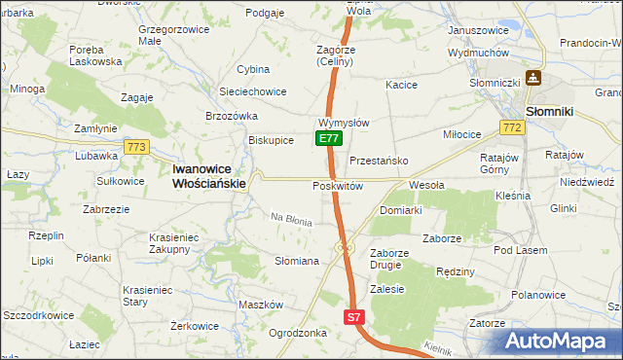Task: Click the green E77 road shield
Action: click(x=329, y=139)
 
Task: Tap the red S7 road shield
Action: click(x=355, y=317)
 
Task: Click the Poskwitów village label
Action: click(x=338, y=186)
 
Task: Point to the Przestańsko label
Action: click(x=377, y=161)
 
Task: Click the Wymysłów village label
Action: click(x=343, y=124)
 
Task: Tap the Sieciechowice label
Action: click(x=252, y=91)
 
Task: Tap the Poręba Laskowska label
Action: click(x=95, y=54)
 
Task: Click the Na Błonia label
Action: click(x=291, y=220)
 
